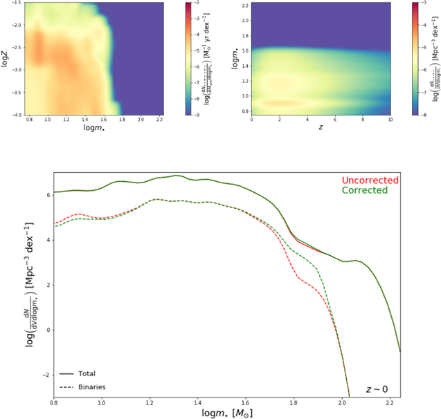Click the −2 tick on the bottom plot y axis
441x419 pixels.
click(x=43, y=374)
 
